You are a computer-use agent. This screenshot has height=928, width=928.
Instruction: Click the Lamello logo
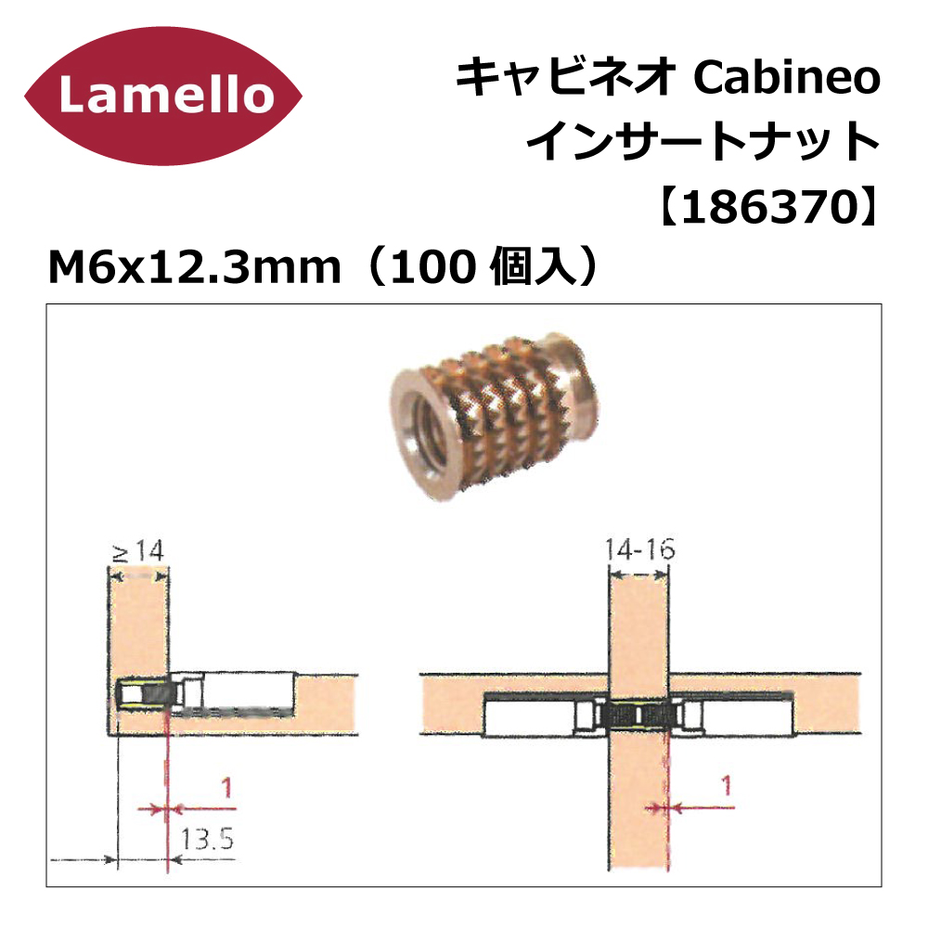click(x=163, y=97)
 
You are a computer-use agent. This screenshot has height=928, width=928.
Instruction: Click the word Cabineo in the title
click(x=787, y=78)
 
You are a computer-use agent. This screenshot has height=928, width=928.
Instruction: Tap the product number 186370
click(x=768, y=208)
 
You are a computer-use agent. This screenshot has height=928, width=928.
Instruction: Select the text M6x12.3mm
click(x=195, y=267)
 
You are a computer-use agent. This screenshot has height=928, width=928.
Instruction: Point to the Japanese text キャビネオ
click(x=566, y=78)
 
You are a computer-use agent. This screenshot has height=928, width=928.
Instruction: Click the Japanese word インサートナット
click(x=702, y=143)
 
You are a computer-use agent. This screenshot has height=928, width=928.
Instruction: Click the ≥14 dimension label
click(x=137, y=552)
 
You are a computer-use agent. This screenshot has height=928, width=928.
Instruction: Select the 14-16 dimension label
click(x=639, y=549)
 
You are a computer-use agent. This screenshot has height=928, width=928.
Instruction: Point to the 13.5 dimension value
click(x=207, y=839)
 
